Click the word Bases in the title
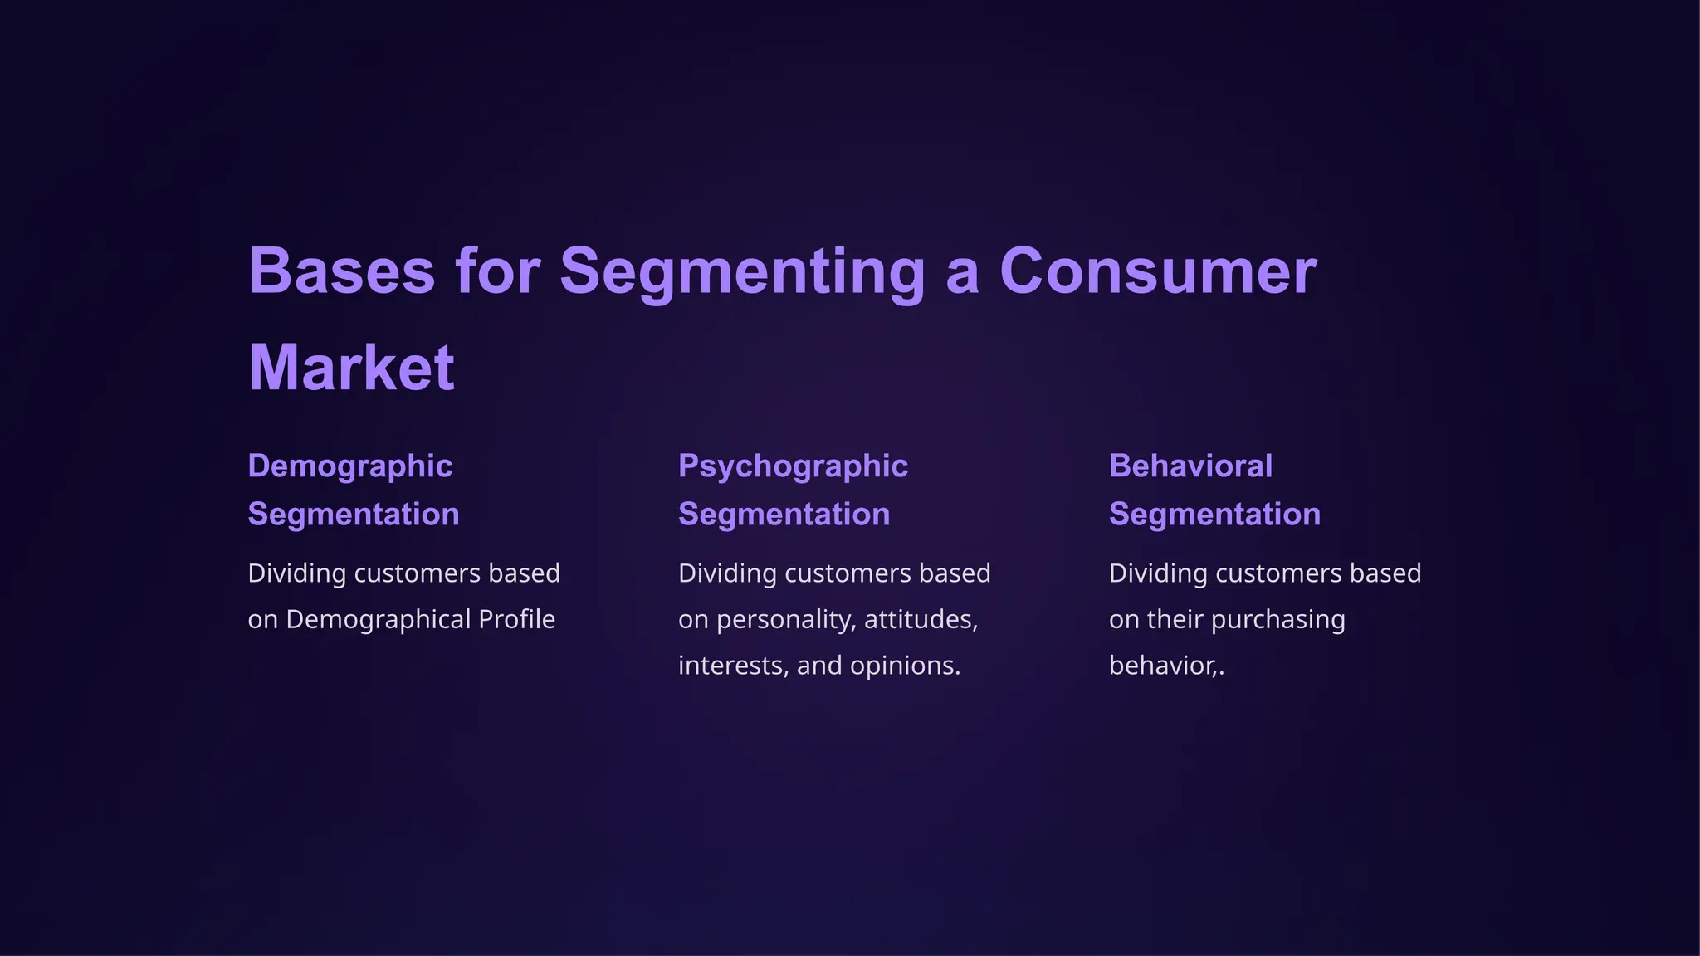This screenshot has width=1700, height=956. pyautogui.click(x=341, y=271)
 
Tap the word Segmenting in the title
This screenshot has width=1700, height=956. pyautogui.click(x=742, y=271)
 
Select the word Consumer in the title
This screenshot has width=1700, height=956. pyautogui.click(x=1158, y=271)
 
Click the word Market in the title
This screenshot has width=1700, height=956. pyautogui.click(x=351, y=368)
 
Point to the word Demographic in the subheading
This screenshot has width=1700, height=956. pyautogui.click(x=349, y=466)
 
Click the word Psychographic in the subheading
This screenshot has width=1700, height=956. pyautogui.click(x=793, y=466)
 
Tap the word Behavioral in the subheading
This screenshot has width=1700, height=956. pyautogui.click(x=1190, y=466)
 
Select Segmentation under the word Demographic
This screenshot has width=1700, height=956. pyautogui.click(x=354, y=515)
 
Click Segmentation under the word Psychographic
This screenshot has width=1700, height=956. pyautogui.click(x=784, y=515)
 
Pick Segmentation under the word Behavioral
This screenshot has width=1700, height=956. pyautogui.click(x=1214, y=515)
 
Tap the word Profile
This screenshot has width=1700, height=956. pyautogui.click(x=516, y=620)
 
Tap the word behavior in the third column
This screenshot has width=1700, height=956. pyautogui.click(x=1161, y=666)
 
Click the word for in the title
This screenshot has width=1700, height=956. pyautogui.click(x=497, y=271)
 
